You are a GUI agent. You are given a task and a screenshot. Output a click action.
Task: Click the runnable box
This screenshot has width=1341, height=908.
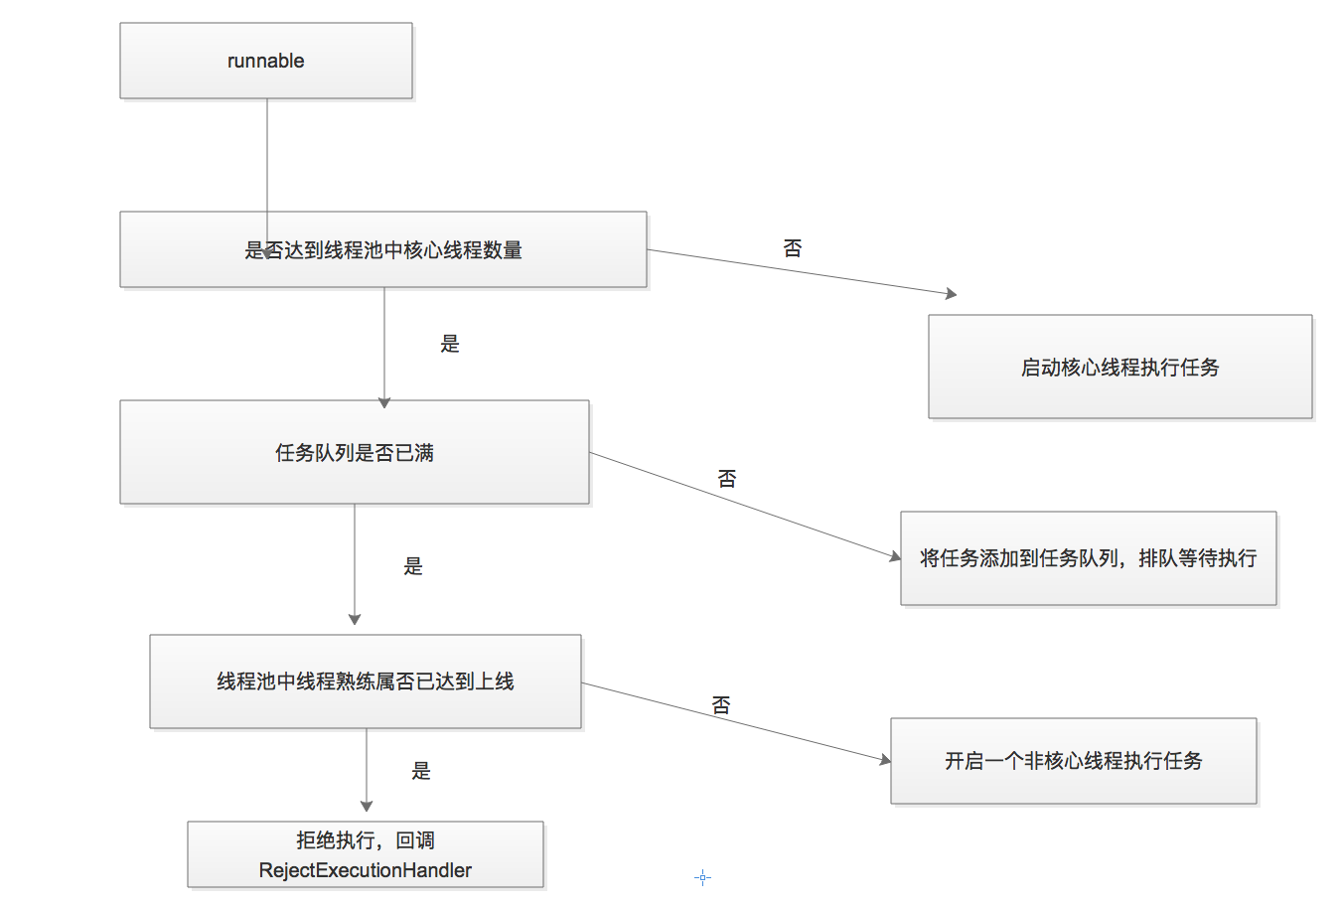pos(265,61)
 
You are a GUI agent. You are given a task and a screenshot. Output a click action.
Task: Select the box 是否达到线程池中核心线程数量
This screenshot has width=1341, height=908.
pos(383,249)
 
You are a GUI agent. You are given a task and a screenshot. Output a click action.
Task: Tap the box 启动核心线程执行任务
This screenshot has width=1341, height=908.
pos(1119,367)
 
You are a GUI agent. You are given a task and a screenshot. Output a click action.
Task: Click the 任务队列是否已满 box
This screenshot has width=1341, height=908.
pos(354,452)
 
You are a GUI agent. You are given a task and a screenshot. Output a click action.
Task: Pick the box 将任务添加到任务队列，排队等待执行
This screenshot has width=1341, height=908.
pos(1088,558)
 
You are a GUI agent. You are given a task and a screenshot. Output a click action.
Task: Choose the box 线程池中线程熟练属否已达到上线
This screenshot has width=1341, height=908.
pos(365,681)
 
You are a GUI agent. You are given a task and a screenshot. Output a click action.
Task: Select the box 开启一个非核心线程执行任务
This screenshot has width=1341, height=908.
pos(1073,761)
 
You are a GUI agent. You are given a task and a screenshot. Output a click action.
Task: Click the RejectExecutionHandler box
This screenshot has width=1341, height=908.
pos(365,854)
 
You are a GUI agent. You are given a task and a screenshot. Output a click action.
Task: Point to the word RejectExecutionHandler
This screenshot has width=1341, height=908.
pos(365,870)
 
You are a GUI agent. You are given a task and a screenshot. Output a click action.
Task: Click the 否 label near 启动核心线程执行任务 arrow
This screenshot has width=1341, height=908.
pos(792,248)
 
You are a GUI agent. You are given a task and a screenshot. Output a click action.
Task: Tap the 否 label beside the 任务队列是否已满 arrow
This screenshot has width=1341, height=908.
pos(727,479)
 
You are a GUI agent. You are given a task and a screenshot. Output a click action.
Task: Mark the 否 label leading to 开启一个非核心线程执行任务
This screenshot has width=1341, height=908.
pos(721,705)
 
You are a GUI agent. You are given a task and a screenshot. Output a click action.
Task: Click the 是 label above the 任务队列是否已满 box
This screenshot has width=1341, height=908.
pos(450,344)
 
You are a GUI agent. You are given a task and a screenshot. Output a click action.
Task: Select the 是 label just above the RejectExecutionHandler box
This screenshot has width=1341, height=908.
pos(421,771)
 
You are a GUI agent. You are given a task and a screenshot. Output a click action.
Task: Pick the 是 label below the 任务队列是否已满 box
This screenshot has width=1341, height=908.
pos(413,566)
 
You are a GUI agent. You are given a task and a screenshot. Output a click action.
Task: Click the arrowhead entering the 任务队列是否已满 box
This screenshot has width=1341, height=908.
pos(384,402)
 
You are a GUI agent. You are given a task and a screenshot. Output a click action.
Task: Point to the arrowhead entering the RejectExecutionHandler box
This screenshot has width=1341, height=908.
pos(367,806)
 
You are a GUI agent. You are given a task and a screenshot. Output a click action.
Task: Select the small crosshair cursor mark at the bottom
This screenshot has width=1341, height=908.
pos(702,877)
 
